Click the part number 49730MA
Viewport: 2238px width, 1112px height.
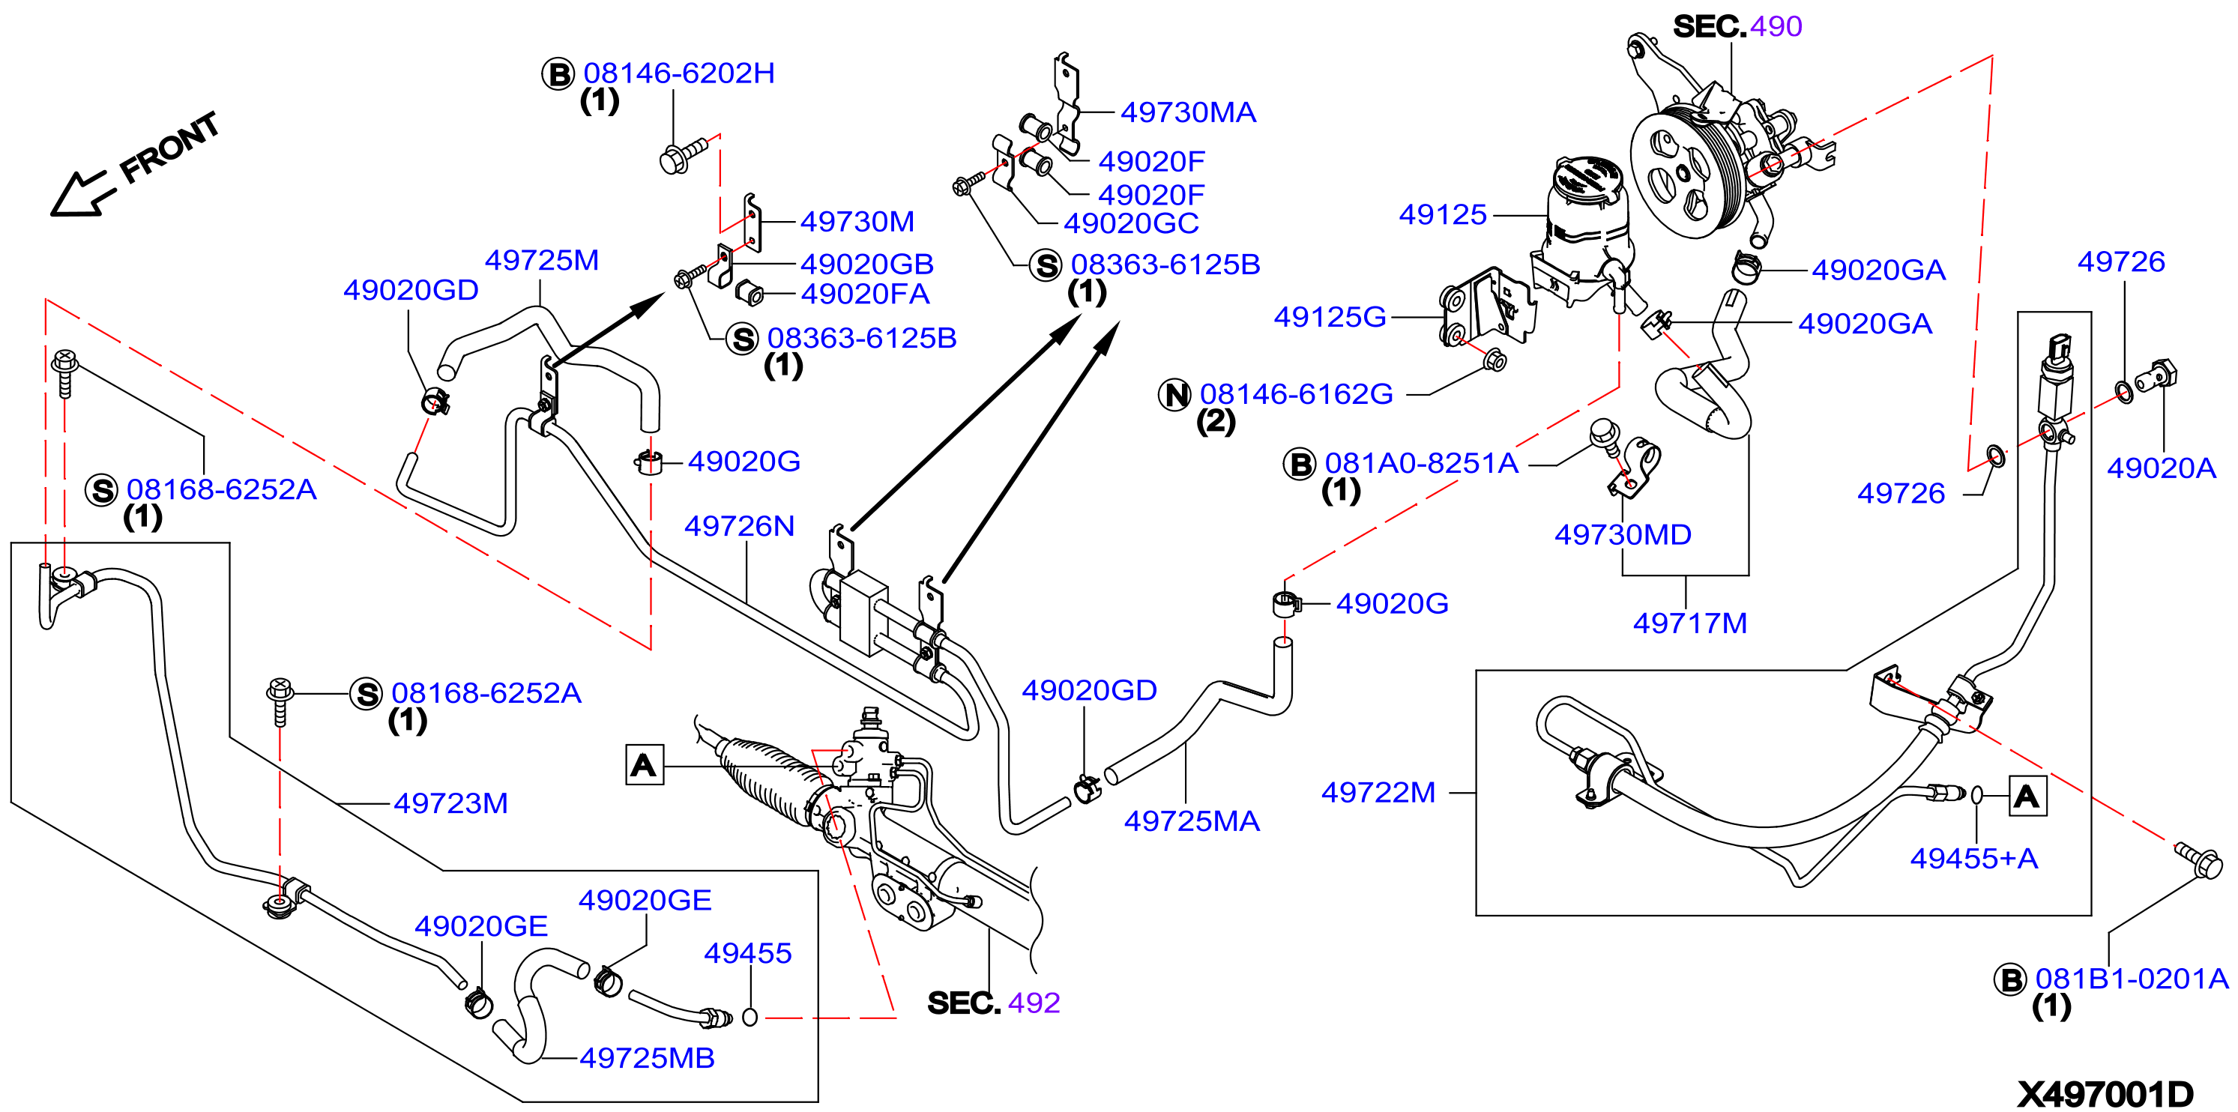point(1188,112)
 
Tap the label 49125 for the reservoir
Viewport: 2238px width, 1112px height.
point(1442,214)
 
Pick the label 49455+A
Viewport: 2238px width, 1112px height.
point(1973,858)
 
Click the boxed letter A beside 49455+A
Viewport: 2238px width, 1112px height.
point(2027,797)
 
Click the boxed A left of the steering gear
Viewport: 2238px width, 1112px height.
point(645,764)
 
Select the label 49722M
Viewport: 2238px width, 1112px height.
point(1378,792)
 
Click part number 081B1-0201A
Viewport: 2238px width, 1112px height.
point(2131,979)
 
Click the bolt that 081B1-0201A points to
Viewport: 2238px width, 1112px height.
point(2198,860)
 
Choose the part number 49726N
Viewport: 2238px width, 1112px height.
point(739,525)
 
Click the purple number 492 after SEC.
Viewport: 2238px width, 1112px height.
point(1034,1003)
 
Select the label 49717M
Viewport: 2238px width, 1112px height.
point(1690,623)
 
